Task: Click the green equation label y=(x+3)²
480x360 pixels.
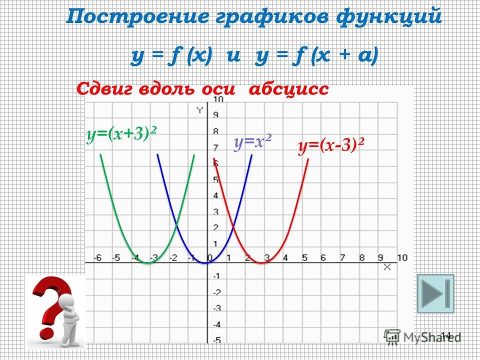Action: (121, 134)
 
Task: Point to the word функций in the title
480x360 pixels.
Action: (389, 17)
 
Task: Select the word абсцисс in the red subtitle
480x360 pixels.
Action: (288, 89)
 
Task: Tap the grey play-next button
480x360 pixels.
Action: (435, 293)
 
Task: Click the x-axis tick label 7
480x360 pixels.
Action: (342, 258)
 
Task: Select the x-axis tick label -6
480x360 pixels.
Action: (97, 258)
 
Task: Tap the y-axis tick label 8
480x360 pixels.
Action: (216, 132)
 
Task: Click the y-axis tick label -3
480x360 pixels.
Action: (216, 308)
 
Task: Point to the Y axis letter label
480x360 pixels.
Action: (199, 110)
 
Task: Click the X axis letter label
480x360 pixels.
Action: (387, 267)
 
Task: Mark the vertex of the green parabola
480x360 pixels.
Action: (147, 262)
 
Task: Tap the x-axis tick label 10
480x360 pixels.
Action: (402, 258)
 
